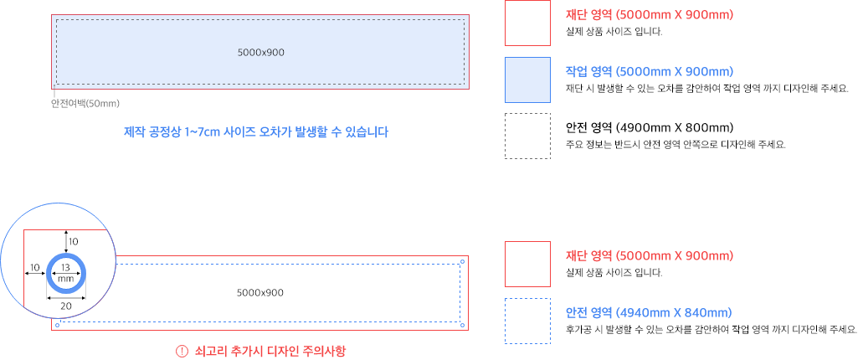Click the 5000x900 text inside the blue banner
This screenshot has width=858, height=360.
pos(260,53)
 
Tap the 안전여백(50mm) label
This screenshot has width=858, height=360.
pos(85,104)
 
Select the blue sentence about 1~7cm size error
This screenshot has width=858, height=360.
pos(255,132)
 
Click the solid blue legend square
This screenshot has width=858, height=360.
pos(527,80)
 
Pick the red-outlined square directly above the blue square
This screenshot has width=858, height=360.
pos(527,23)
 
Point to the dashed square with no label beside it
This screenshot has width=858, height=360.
pos(527,136)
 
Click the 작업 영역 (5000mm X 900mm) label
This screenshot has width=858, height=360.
pos(649,72)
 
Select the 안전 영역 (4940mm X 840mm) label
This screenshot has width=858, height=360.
pos(649,313)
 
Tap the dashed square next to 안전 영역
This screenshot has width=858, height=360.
pos(527,321)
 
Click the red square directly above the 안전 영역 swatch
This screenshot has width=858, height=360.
pos(527,264)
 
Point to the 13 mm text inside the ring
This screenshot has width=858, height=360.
pos(66,272)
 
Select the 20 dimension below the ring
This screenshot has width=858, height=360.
pos(66,306)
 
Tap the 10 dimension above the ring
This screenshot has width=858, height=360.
pos(74,241)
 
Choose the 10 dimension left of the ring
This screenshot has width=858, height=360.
pos(34,268)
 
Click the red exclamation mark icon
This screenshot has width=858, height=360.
pos(182,352)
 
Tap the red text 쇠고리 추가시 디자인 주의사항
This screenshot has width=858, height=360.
pos(270,352)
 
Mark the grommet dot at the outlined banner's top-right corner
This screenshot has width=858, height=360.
pos(462,262)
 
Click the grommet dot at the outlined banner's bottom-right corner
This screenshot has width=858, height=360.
pos(462,324)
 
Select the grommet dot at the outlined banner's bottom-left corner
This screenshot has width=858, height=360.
pos(57,324)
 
